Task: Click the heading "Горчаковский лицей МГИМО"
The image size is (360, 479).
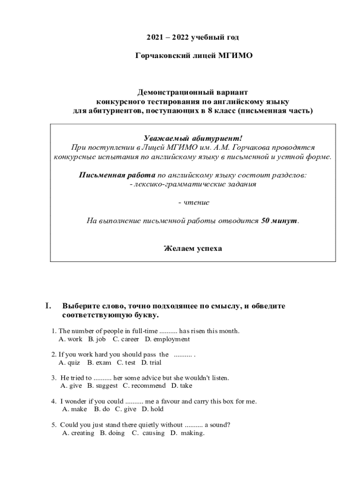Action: (x=193, y=56)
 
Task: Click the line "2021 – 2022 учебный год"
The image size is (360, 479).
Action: (x=193, y=37)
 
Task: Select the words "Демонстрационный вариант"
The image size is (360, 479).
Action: (x=193, y=92)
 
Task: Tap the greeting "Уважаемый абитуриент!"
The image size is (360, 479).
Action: (x=193, y=138)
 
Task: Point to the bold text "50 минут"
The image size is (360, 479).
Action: (x=279, y=221)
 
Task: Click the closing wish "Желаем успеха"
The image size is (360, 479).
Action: (x=193, y=248)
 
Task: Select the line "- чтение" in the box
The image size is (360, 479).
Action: (x=194, y=203)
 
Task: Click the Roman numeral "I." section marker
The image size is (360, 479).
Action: (x=48, y=306)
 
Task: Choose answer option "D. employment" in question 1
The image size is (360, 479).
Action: (x=167, y=339)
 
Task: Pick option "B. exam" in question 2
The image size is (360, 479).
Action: (x=100, y=363)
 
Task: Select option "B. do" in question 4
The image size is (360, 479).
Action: (x=102, y=409)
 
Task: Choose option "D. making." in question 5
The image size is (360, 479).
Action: (x=187, y=433)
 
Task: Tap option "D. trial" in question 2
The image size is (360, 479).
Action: (x=151, y=363)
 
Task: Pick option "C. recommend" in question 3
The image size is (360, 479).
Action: (x=144, y=386)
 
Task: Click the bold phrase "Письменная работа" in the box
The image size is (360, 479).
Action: (x=117, y=175)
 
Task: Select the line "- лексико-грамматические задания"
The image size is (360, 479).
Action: (x=193, y=184)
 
